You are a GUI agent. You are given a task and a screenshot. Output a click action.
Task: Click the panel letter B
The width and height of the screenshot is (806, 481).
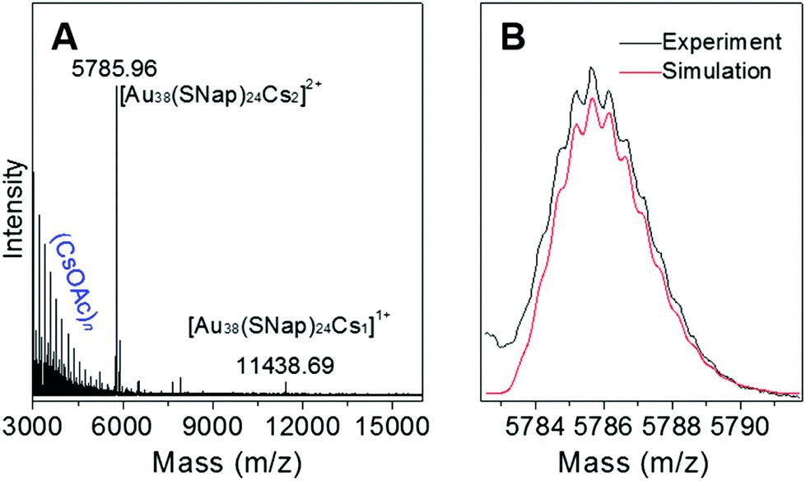coord(515,36)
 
